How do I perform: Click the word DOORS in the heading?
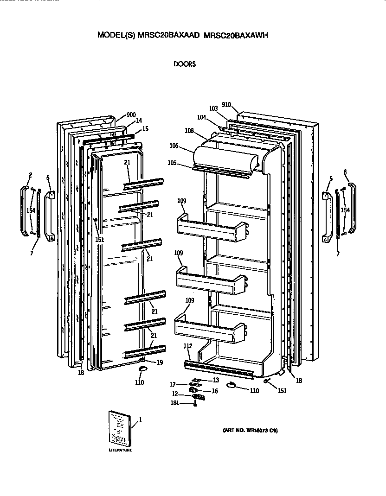pos(184,64)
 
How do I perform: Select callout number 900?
pos(131,115)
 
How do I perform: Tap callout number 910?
pos(226,105)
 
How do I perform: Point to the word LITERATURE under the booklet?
pos(120,450)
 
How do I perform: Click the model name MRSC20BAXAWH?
pos(237,35)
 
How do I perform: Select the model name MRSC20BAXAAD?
pos(169,35)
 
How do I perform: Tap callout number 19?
pos(159,362)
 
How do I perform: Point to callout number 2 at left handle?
pos(31,175)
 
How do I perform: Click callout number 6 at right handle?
pos(345,172)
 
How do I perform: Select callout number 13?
pos(215,380)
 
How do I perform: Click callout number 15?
pos(145,128)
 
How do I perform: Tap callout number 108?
pos(189,131)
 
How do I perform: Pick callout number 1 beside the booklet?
pos(140,420)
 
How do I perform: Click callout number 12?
pos(175,394)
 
